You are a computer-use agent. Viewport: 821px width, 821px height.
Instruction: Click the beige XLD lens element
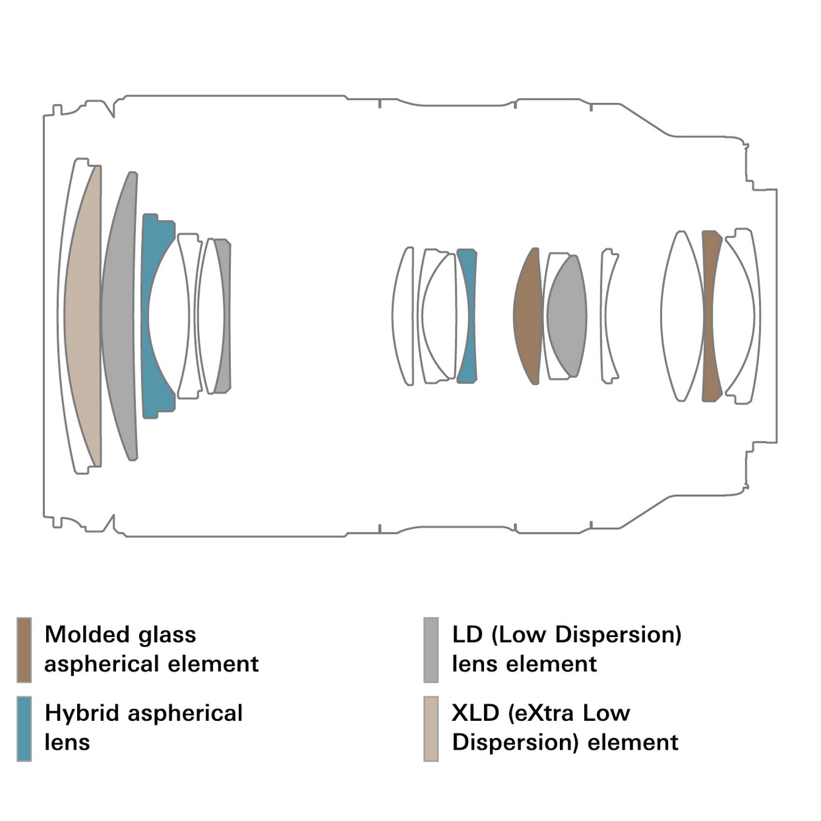[x=83, y=316]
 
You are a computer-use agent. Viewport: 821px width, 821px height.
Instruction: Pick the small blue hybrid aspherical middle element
[x=468, y=316]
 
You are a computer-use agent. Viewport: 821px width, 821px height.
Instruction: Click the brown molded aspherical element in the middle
[x=528, y=316]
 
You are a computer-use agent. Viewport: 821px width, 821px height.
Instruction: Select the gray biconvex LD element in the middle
[x=567, y=316]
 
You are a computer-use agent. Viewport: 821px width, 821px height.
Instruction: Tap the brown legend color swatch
[x=24, y=650]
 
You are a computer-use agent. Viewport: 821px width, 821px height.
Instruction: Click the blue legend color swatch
[x=24, y=729]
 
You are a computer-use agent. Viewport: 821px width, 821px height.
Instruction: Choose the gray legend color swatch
[x=431, y=650]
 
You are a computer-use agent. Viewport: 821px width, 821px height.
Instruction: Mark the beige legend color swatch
[x=431, y=729]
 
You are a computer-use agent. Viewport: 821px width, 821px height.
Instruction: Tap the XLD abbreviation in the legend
[x=475, y=713]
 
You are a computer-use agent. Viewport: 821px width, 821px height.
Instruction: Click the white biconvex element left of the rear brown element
[x=682, y=316]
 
